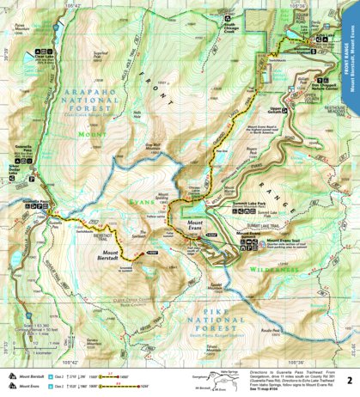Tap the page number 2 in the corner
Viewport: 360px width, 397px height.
pos(348,379)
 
